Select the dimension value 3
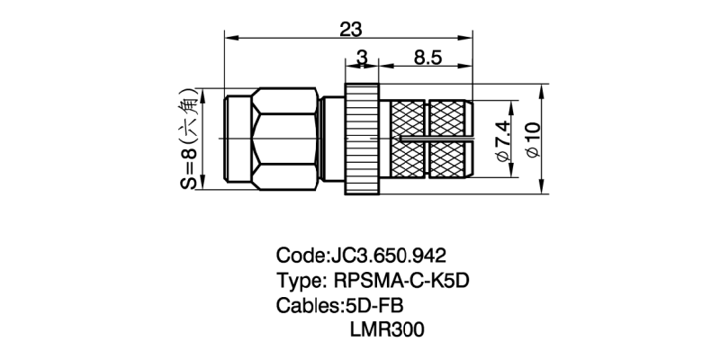pyautogui.click(x=362, y=58)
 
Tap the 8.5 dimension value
pyautogui.click(x=427, y=58)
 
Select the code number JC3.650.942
pyautogui.click(x=389, y=255)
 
